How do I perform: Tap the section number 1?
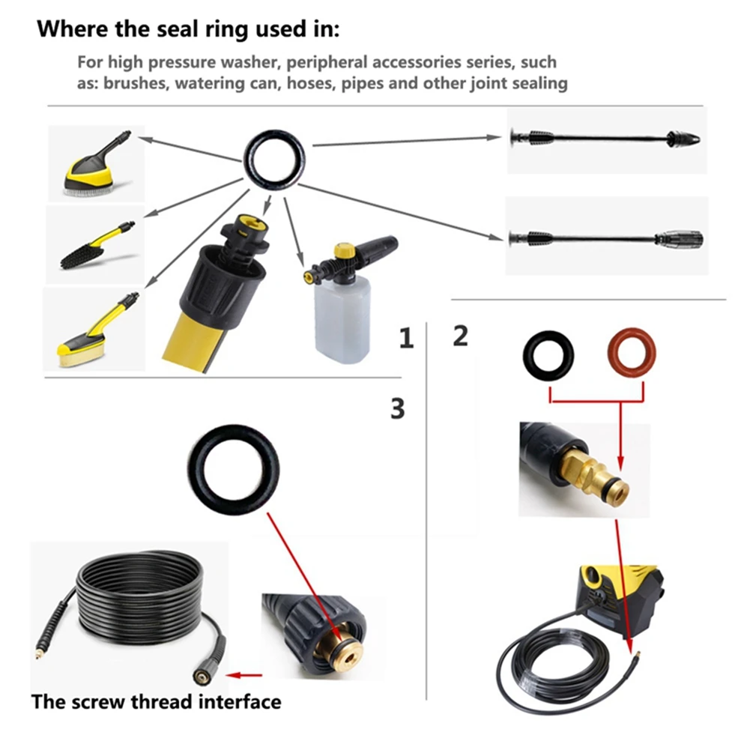[406, 339]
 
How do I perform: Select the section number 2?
[460, 336]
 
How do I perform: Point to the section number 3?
[397, 408]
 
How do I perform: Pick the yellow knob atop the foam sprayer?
[345, 248]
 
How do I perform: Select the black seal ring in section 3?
[233, 471]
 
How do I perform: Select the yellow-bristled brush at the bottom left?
[94, 330]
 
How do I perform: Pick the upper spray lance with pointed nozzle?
[606, 139]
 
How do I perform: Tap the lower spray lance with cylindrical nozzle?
[606, 238]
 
